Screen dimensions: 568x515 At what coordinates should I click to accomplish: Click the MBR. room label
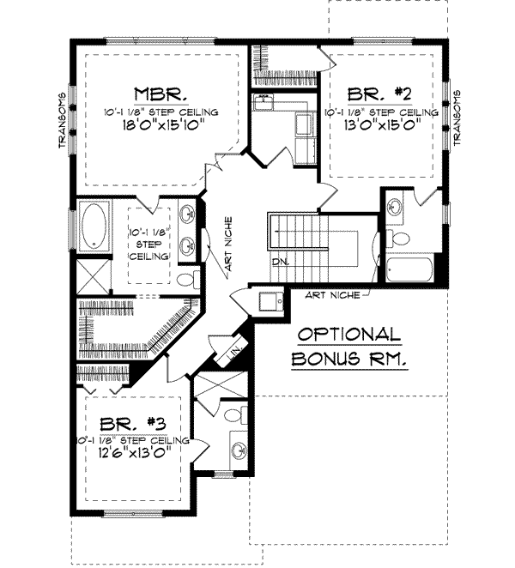156,94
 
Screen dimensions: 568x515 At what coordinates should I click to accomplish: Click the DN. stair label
280,260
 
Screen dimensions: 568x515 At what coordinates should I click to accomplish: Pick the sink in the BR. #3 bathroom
239,448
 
